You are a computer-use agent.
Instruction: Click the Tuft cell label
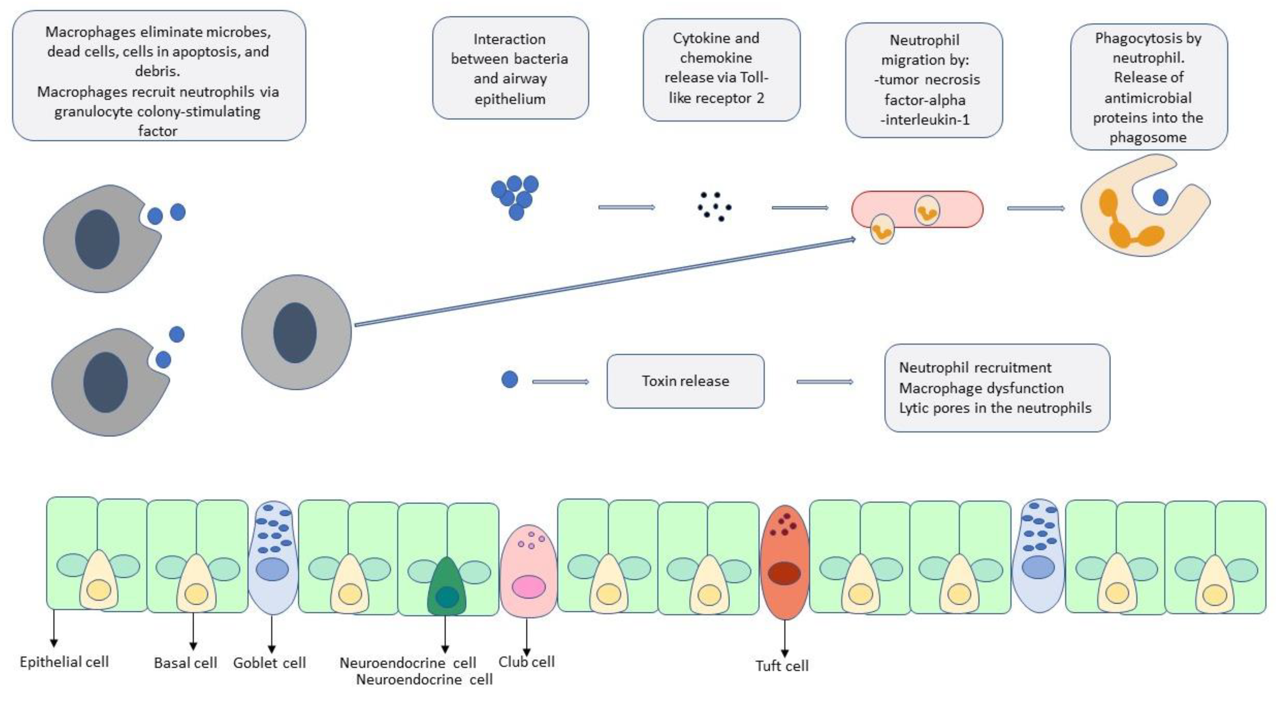click(782, 665)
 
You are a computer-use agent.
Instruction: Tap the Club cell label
click(526, 662)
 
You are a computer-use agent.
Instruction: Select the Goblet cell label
click(269, 663)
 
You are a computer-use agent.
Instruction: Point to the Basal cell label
click(185, 663)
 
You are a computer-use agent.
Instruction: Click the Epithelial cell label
click(64, 662)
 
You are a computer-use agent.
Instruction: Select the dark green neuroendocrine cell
click(446, 588)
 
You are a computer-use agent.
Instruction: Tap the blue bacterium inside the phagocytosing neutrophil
click(1160, 198)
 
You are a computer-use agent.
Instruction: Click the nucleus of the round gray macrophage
click(295, 332)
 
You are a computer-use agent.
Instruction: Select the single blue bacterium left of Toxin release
click(510, 380)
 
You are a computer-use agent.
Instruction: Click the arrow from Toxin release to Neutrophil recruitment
click(825, 382)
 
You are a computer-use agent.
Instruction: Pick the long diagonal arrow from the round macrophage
click(604, 283)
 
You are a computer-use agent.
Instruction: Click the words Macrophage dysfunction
click(981, 388)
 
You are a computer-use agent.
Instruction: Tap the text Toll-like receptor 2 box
click(721, 69)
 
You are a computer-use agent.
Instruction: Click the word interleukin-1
click(925, 120)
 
